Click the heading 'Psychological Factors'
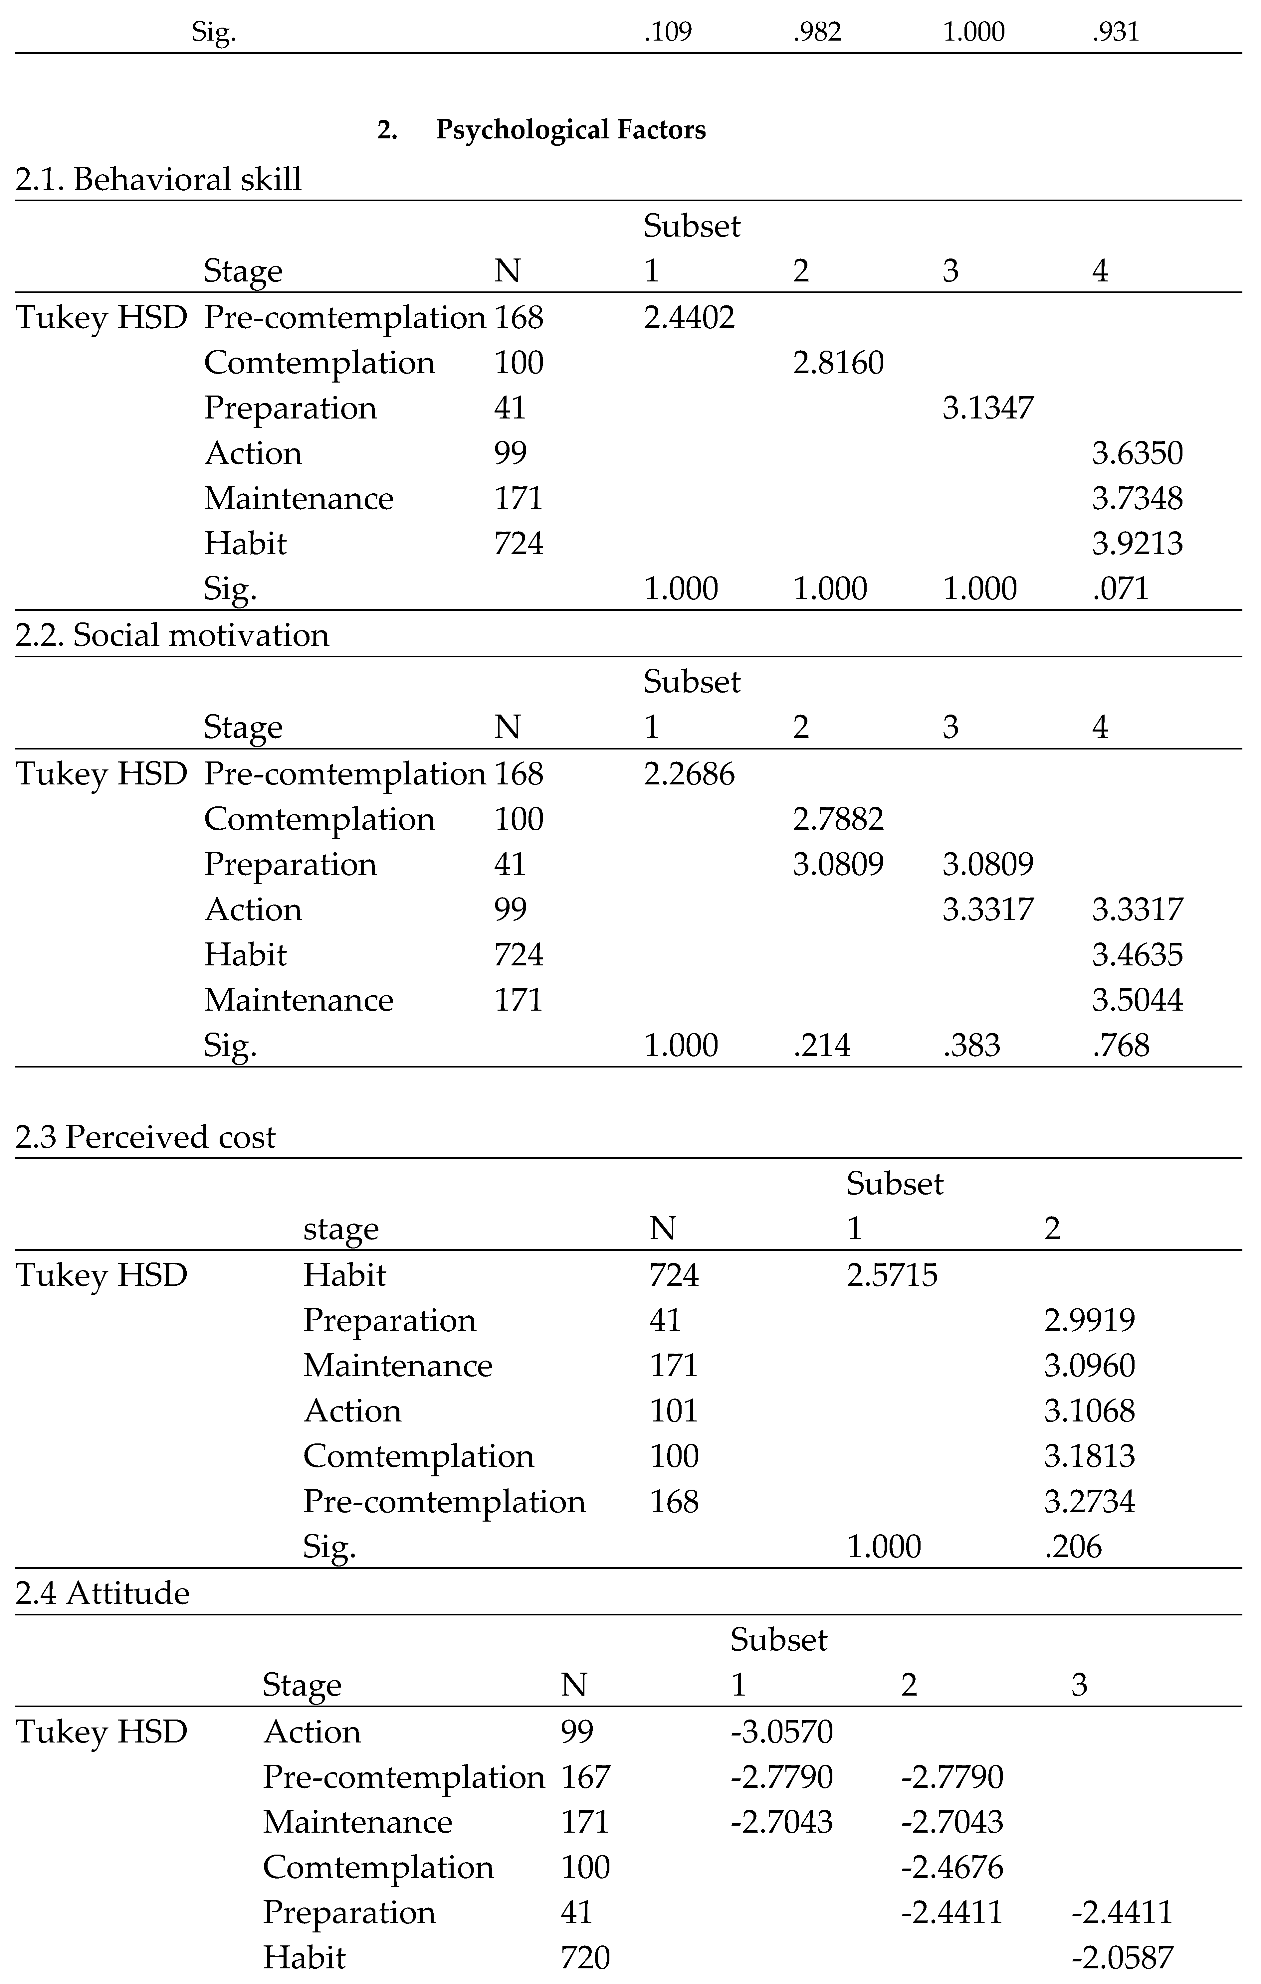tap(570, 130)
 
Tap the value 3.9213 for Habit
tap(1138, 544)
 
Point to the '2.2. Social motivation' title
tap(172, 635)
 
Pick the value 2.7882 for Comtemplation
tap(838, 819)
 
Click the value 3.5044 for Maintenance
tap(1138, 1000)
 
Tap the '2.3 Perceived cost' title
tap(146, 1137)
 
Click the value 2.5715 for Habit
tap(892, 1275)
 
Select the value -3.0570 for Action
tap(781, 1732)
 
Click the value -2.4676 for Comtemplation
tap(952, 1868)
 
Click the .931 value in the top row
tap(1115, 32)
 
